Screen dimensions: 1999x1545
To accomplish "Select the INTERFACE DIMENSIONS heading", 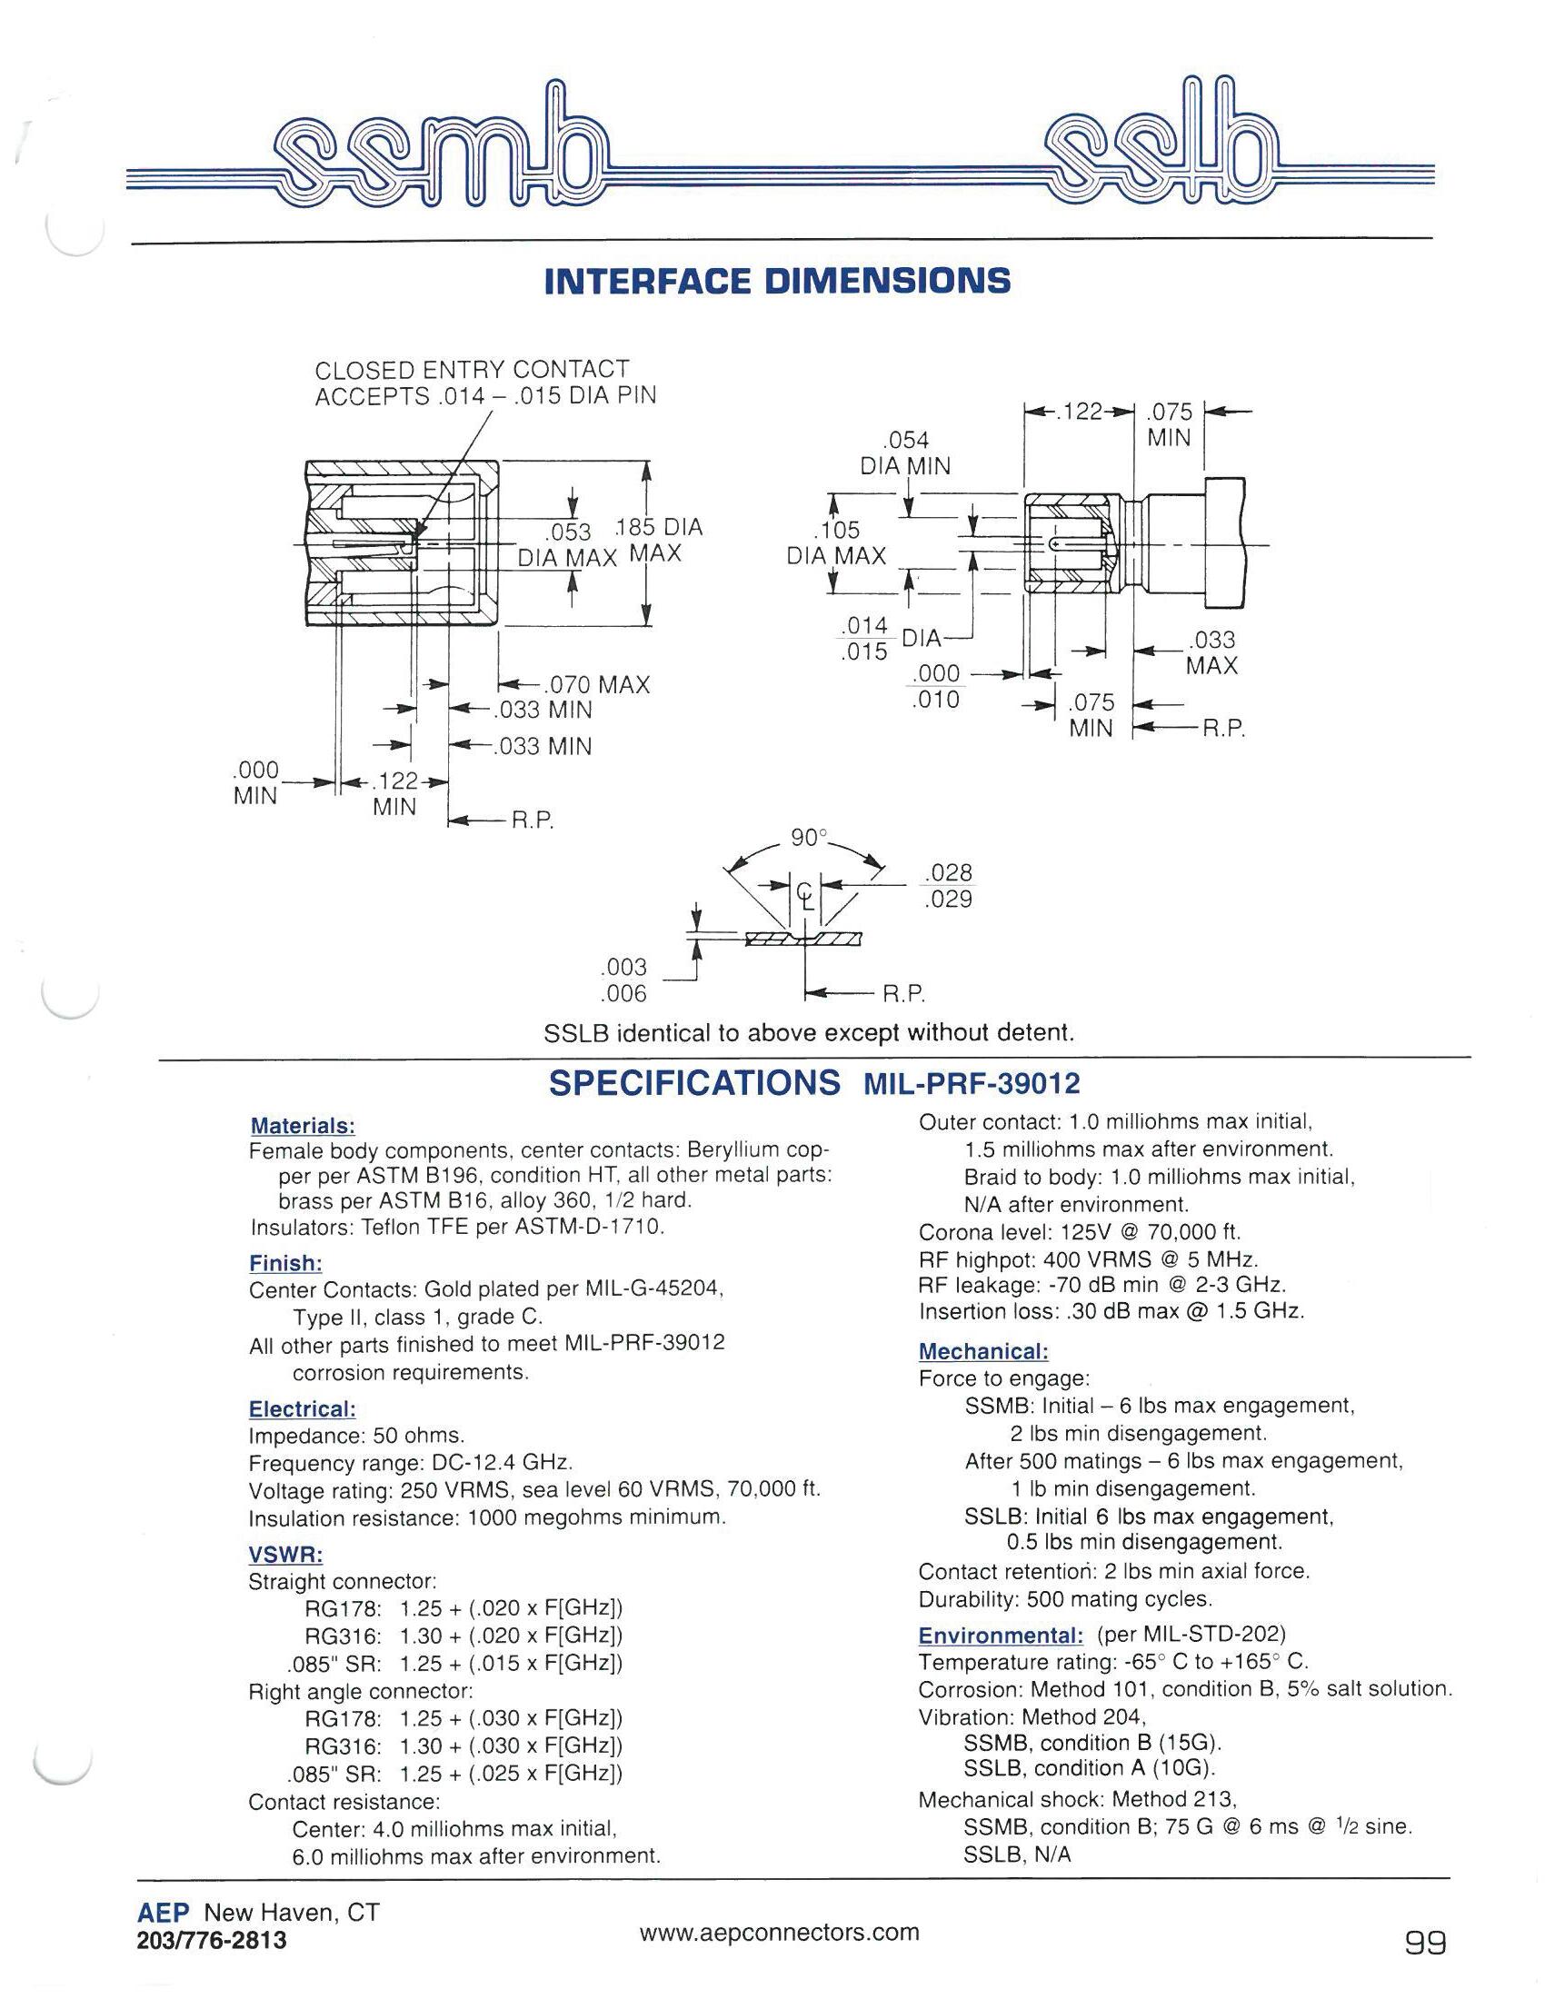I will tap(777, 281).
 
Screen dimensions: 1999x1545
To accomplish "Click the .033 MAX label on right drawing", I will tap(1211, 652).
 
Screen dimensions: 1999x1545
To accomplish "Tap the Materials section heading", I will tap(302, 1126).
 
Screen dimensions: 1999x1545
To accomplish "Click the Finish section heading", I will tap(285, 1264).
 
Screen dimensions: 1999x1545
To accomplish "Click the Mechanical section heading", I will tap(983, 1351).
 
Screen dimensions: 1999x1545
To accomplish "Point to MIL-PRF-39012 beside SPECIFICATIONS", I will tap(972, 1085).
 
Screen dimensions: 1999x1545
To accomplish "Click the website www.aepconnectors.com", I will tap(779, 1933).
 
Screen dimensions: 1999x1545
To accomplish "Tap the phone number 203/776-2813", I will tap(212, 1941).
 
